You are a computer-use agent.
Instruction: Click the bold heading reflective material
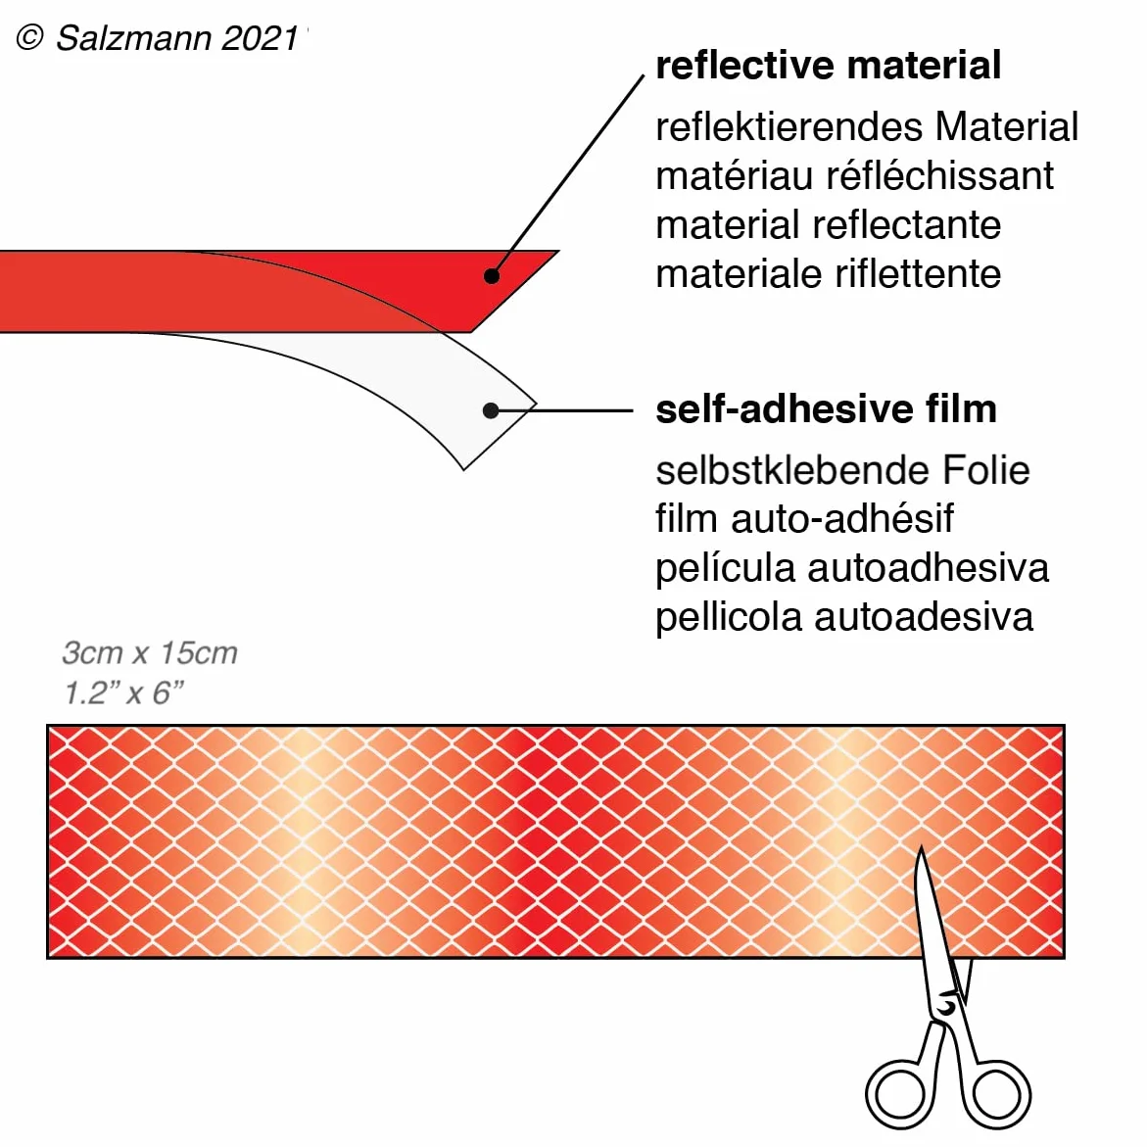click(828, 65)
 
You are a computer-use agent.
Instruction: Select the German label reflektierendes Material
click(867, 126)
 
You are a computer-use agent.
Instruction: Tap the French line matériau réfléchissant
click(854, 175)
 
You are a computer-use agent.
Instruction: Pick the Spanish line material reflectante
click(828, 224)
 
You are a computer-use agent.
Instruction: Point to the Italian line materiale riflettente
click(828, 273)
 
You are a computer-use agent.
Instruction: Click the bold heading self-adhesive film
click(826, 408)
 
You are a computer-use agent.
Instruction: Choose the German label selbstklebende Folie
click(842, 469)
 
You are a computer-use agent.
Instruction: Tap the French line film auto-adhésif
click(804, 518)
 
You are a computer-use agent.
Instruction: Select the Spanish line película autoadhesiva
click(852, 568)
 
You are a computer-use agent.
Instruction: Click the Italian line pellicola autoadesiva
click(844, 617)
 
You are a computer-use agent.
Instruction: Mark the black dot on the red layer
click(492, 276)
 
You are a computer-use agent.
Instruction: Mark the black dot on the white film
click(491, 410)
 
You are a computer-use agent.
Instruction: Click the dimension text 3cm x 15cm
click(150, 652)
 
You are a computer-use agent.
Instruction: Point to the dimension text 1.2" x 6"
click(123, 692)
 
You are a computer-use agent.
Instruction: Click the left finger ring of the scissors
click(900, 1094)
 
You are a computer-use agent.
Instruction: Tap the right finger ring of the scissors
click(995, 1094)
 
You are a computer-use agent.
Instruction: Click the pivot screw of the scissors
click(946, 1008)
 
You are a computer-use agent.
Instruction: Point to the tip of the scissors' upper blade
click(921, 846)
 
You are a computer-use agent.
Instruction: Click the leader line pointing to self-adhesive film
click(562, 410)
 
